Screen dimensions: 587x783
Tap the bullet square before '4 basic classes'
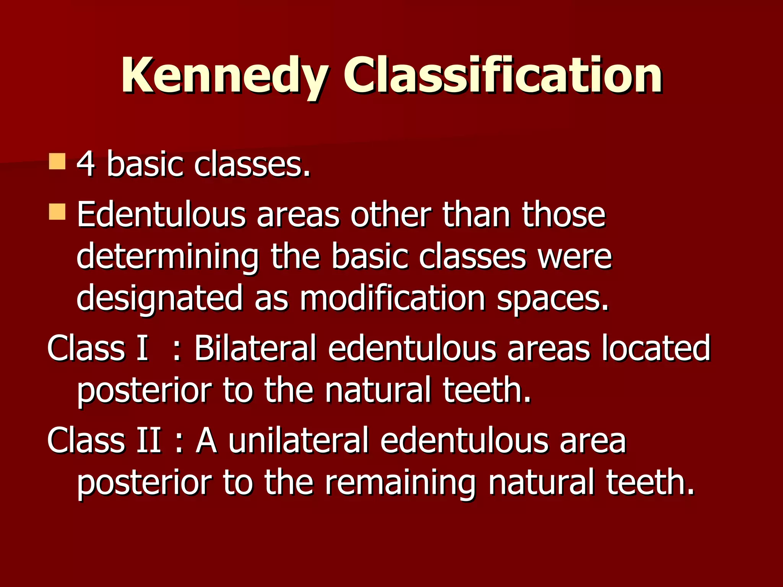tap(57, 161)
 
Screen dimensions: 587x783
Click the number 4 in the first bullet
tap(86, 164)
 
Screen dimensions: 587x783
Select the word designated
tap(159, 299)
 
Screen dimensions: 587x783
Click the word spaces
tap(552, 299)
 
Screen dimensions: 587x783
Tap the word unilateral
tap(299, 440)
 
